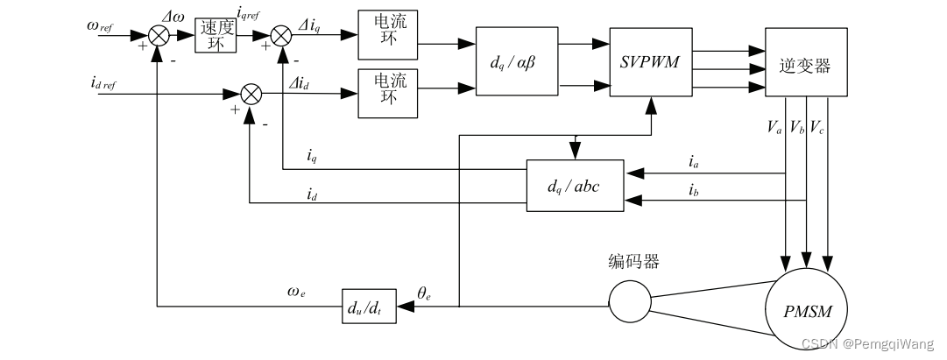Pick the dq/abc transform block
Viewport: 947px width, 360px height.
pyautogui.click(x=574, y=186)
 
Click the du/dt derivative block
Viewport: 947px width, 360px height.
pyautogui.click(x=368, y=307)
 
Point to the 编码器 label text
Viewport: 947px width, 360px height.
pyautogui.click(x=633, y=262)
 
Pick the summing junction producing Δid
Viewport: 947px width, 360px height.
pyautogui.click(x=251, y=93)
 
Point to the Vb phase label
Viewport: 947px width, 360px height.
pyautogui.click(x=797, y=127)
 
